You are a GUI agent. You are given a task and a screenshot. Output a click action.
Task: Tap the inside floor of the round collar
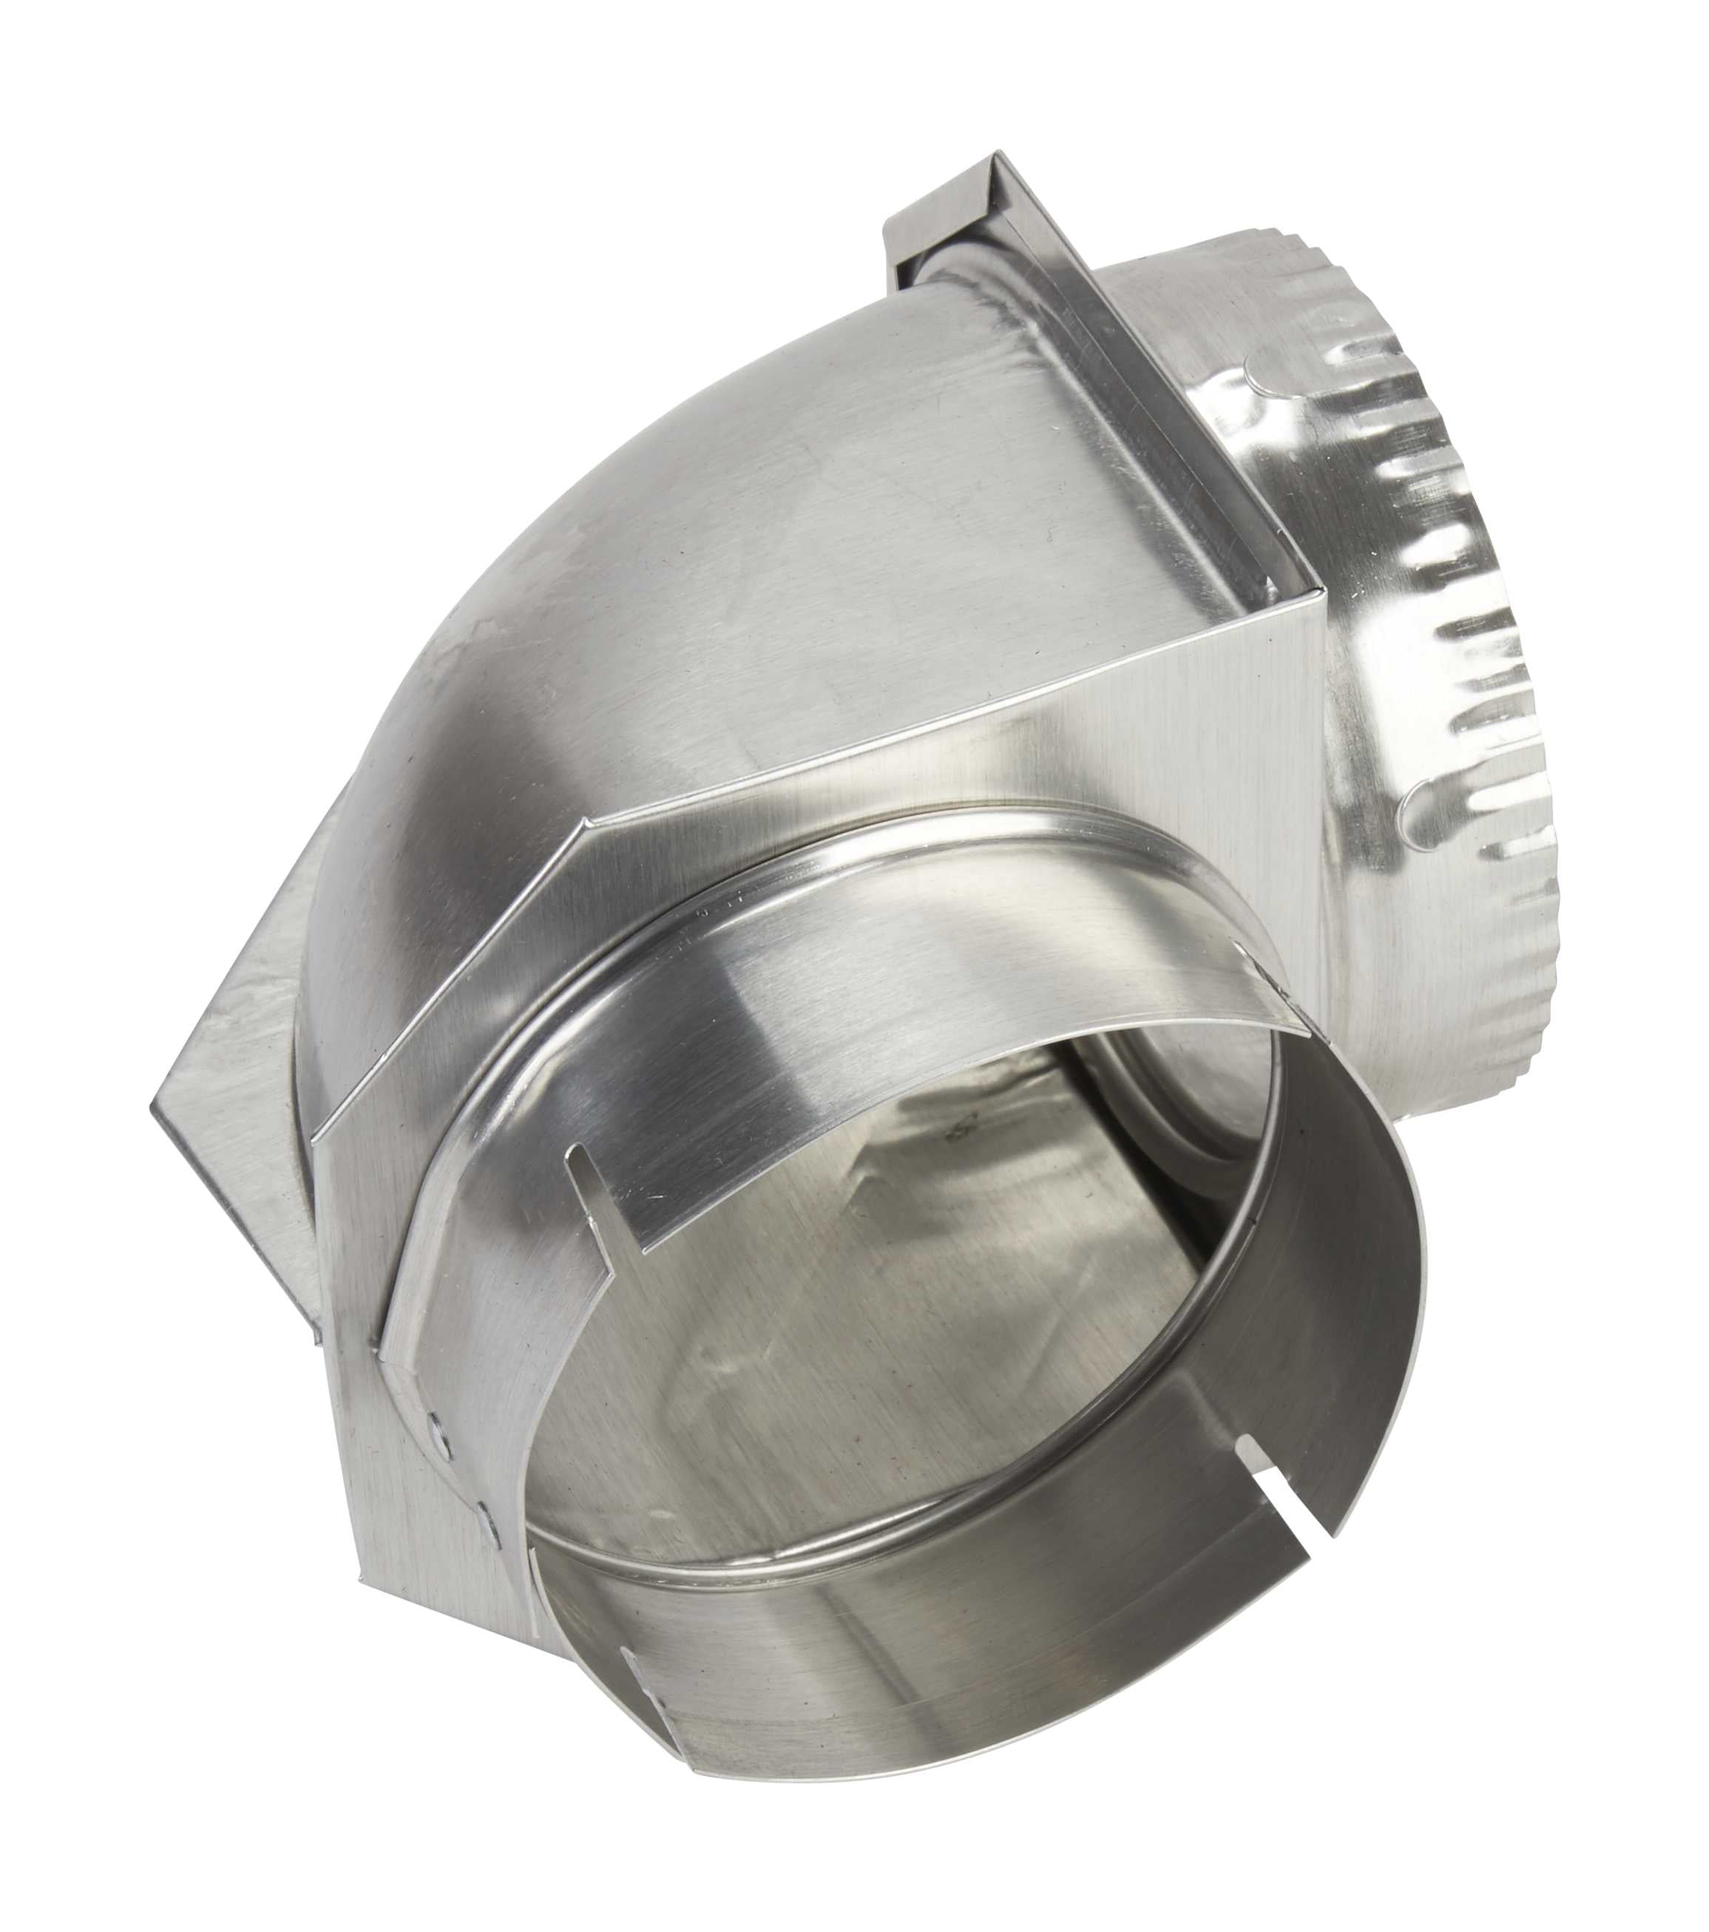click(x=850, y=1371)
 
